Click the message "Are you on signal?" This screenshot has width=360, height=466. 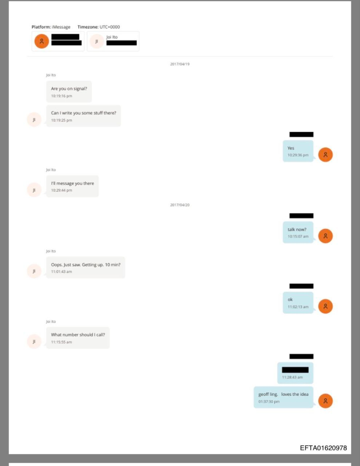click(x=69, y=88)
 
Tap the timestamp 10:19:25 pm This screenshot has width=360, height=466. click(x=62, y=120)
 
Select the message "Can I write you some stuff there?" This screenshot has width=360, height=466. click(x=83, y=113)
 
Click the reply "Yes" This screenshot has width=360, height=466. click(x=291, y=148)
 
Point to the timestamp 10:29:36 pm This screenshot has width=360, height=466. click(x=298, y=155)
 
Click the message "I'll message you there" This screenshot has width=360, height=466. click(x=72, y=183)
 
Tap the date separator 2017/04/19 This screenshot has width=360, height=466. click(x=180, y=64)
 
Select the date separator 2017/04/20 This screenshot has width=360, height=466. click(x=180, y=205)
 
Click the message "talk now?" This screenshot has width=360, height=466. click(x=297, y=229)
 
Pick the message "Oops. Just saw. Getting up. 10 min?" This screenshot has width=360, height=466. click(x=86, y=265)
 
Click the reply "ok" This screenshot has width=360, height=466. click(x=290, y=300)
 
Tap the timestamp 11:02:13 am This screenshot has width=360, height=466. click(x=298, y=307)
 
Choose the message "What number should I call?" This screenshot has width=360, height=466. click(x=78, y=335)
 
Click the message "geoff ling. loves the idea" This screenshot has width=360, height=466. click(x=283, y=394)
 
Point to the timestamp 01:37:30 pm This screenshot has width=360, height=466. click(x=269, y=402)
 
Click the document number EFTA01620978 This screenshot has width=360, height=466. click(x=323, y=448)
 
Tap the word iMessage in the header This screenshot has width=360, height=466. click(x=61, y=27)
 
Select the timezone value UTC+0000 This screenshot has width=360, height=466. click(x=110, y=27)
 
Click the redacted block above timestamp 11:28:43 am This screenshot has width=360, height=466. click(x=295, y=370)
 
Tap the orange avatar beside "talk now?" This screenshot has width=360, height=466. click(x=325, y=236)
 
